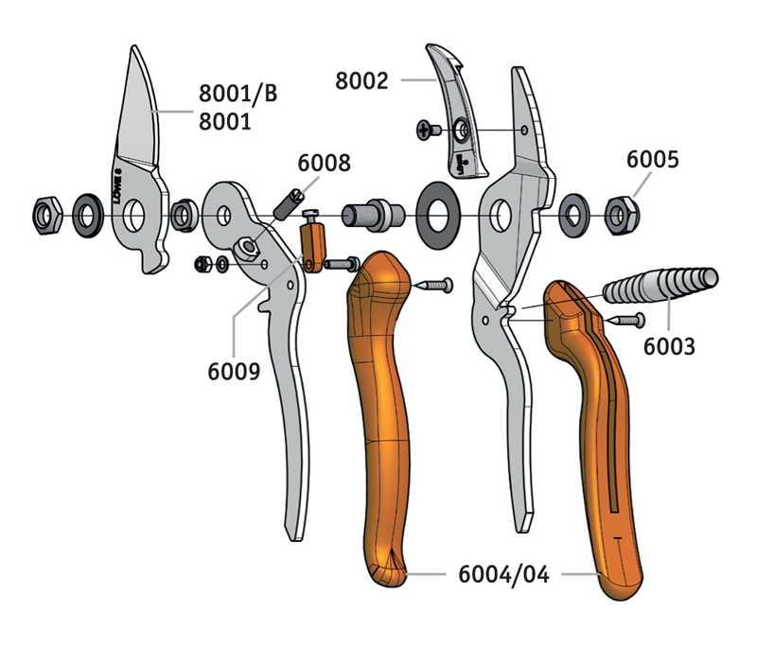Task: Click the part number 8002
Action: tap(361, 80)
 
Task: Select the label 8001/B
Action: tap(238, 93)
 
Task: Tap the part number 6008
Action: tap(324, 163)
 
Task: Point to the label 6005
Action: tap(652, 159)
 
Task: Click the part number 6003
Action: tap(669, 346)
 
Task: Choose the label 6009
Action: tap(234, 371)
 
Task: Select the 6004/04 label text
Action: tap(503, 574)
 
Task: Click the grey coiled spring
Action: tap(660, 285)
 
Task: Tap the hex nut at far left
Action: tap(46, 215)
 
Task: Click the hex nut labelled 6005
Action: tap(622, 216)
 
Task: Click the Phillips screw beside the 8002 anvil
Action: tap(429, 130)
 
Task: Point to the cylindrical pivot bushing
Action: tap(373, 215)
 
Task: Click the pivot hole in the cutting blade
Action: tap(133, 216)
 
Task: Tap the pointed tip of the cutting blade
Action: tap(133, 46)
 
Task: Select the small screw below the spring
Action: tap(624, 320)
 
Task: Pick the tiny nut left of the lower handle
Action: tap(202, 263)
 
